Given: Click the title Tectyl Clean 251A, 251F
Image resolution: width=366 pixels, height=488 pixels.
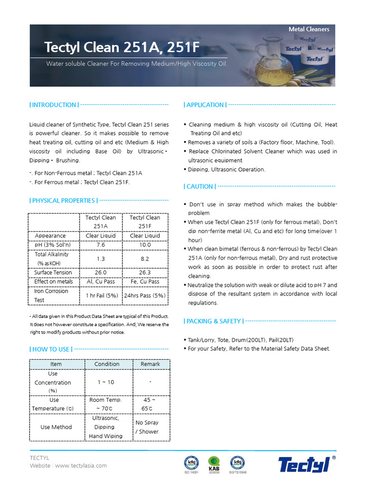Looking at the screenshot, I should click(x=122, y=47).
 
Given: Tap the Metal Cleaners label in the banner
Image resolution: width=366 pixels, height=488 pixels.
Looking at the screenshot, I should click(x=309, y=30).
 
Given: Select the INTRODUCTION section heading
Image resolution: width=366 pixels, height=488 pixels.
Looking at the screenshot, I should click(x=54, y=105).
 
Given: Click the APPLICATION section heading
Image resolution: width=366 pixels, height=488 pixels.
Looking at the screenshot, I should click(x=205, y=105).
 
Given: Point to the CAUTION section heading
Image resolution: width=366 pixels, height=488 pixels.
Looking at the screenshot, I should click(x=200, y=186).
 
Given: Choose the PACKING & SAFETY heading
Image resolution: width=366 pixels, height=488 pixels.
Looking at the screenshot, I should click(x=213, y=321).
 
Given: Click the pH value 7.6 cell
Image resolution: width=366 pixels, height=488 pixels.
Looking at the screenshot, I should click(x=101, y=245).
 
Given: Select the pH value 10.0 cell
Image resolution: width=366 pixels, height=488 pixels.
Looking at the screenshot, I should click(x=145, y=245).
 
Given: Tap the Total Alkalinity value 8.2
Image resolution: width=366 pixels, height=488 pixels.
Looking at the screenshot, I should click(x=145, y=259).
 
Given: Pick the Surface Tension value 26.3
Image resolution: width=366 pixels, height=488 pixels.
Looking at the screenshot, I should click(x=145, y=273).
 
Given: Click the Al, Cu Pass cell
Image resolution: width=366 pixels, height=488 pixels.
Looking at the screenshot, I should click(x=101, y=282).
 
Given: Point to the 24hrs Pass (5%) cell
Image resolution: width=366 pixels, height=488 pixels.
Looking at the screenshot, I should click(x=145, y=295).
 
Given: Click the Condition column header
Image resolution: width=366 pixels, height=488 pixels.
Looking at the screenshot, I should click(x=107, y=364).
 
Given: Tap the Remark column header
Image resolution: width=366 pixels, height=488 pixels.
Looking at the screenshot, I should click(x=150, y=364).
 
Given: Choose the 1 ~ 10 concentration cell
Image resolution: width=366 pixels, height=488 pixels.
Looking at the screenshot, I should click(x=106, y=382).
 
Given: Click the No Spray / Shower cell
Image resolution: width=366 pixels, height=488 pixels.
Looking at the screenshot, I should click(x=147, y=427).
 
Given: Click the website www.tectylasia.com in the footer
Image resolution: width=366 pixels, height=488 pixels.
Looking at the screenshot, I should click(x=81, y=466).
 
